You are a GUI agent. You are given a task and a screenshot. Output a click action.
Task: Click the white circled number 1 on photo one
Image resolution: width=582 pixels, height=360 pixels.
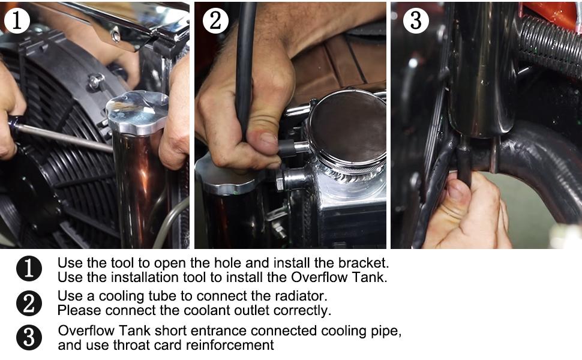pyautogui.click(x=17, y=20)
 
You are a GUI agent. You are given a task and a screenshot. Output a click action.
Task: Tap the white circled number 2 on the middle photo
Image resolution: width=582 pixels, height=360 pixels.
pyautogui.click(x=215, y=20)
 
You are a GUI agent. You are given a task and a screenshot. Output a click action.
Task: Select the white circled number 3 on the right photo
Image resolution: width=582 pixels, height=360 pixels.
pyautogui.click(x=416, y=20)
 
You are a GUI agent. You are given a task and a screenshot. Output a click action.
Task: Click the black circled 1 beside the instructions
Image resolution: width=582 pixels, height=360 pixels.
pyautogui.click(x=29, y=268)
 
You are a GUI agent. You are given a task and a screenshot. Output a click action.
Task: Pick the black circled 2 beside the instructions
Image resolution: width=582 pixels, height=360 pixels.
pyautogui.click(x=29, y=303)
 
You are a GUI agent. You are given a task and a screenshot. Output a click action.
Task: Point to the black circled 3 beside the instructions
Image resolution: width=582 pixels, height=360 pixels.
pyautogui.click(x=29, y=337)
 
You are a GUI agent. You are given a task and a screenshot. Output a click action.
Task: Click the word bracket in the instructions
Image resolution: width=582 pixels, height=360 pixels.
pyautogui.click(x=364, y=263)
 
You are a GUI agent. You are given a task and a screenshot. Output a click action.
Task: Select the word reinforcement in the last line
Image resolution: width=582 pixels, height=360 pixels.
pyautogui.click(x=230, y=345)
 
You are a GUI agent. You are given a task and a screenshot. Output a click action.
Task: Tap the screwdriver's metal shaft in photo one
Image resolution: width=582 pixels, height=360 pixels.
pyautogui.click(x=65, y=137)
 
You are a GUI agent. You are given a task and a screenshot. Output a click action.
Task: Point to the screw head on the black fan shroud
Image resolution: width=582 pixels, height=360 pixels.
pyautogui.click(x=96, y=80)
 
